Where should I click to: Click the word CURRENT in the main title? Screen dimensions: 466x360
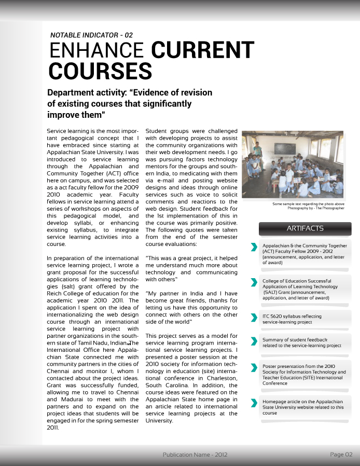pos(203,51)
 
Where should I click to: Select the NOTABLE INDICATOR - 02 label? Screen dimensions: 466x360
pos(91,35)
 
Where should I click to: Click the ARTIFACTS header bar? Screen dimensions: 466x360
pos(305,228)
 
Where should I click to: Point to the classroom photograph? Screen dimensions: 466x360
pos(293,165)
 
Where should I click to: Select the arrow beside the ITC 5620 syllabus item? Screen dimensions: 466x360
pos(253,317)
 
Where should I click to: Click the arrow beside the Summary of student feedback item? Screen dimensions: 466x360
pos(253,341)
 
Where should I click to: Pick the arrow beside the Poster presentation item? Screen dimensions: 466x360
pos(253,368)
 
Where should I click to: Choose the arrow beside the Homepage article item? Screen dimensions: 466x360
pos(253,403)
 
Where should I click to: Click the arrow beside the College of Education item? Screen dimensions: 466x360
pos(253,282)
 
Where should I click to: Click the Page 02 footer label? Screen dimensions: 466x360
pos(341,455)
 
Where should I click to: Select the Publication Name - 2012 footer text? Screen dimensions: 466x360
pos(195,455)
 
